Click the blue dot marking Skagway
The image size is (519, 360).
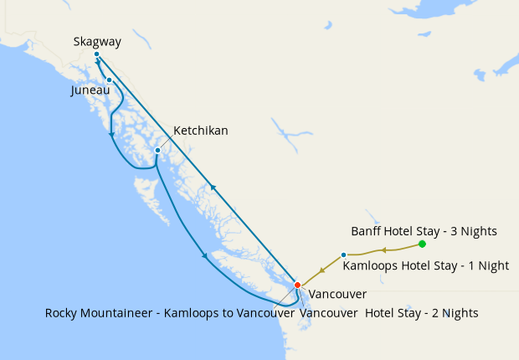(x=97, y=54)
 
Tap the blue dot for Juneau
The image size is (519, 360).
(x=109, y=80)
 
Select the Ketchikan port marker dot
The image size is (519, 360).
(x=157, y=151)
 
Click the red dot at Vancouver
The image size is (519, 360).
(x=297, y=285)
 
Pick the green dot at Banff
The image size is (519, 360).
(x=422, y=244)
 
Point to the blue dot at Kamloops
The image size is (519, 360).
(x=344, y=255)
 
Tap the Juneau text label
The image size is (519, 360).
(x=90, y=90)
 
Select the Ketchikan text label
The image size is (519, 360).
(x=200, y=131)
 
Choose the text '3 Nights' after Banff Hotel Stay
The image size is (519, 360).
(x=473, y=230)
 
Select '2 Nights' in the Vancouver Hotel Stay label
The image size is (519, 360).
(x=452, y=313)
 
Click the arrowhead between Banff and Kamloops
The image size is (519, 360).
(x=383, y=249)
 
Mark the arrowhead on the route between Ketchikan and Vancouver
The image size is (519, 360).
(x=204, y=255)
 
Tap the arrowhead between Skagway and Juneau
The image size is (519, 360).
(x=102, y=63)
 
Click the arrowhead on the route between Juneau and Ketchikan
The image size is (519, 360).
(x=111, y=134)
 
